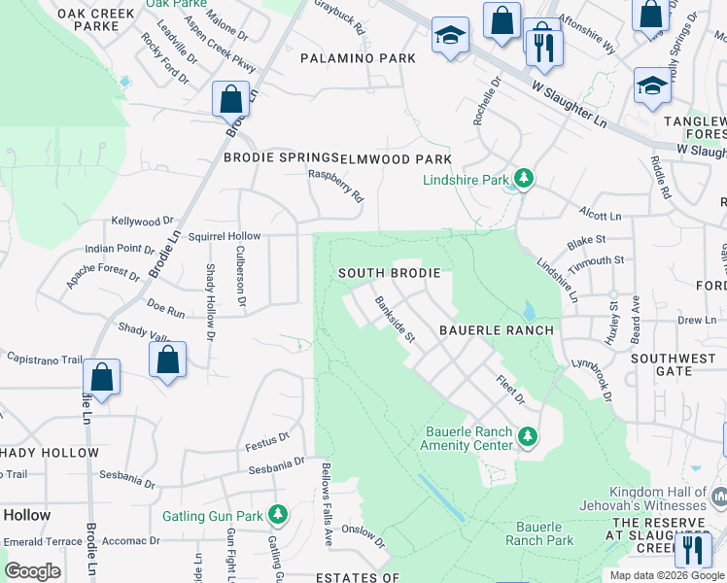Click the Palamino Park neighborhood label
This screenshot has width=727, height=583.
click(x=358, y=58)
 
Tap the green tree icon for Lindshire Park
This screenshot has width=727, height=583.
click(x=524, y=178)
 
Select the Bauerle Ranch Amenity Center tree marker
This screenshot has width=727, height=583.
click(x=528, y=437)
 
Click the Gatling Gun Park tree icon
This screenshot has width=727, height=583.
click(x=280, y=512)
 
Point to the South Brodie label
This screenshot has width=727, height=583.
click(x=389, y=274)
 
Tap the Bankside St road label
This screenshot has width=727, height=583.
click(x=396, y=320)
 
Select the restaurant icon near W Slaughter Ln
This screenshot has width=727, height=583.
click(x=544, y=46)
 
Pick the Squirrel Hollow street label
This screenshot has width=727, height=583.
click(x=225, y=236)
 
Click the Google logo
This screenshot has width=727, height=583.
click(x=33, y=570)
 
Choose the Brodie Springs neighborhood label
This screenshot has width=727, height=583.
click(x=279, y=157)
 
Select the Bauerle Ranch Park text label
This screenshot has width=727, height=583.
click(x=538, y=533)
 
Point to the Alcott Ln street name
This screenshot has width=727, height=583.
click(x=600, y=216)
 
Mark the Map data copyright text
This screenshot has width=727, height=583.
click(x=665, y=575)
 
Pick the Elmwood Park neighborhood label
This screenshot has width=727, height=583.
click(x=395, y=158)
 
